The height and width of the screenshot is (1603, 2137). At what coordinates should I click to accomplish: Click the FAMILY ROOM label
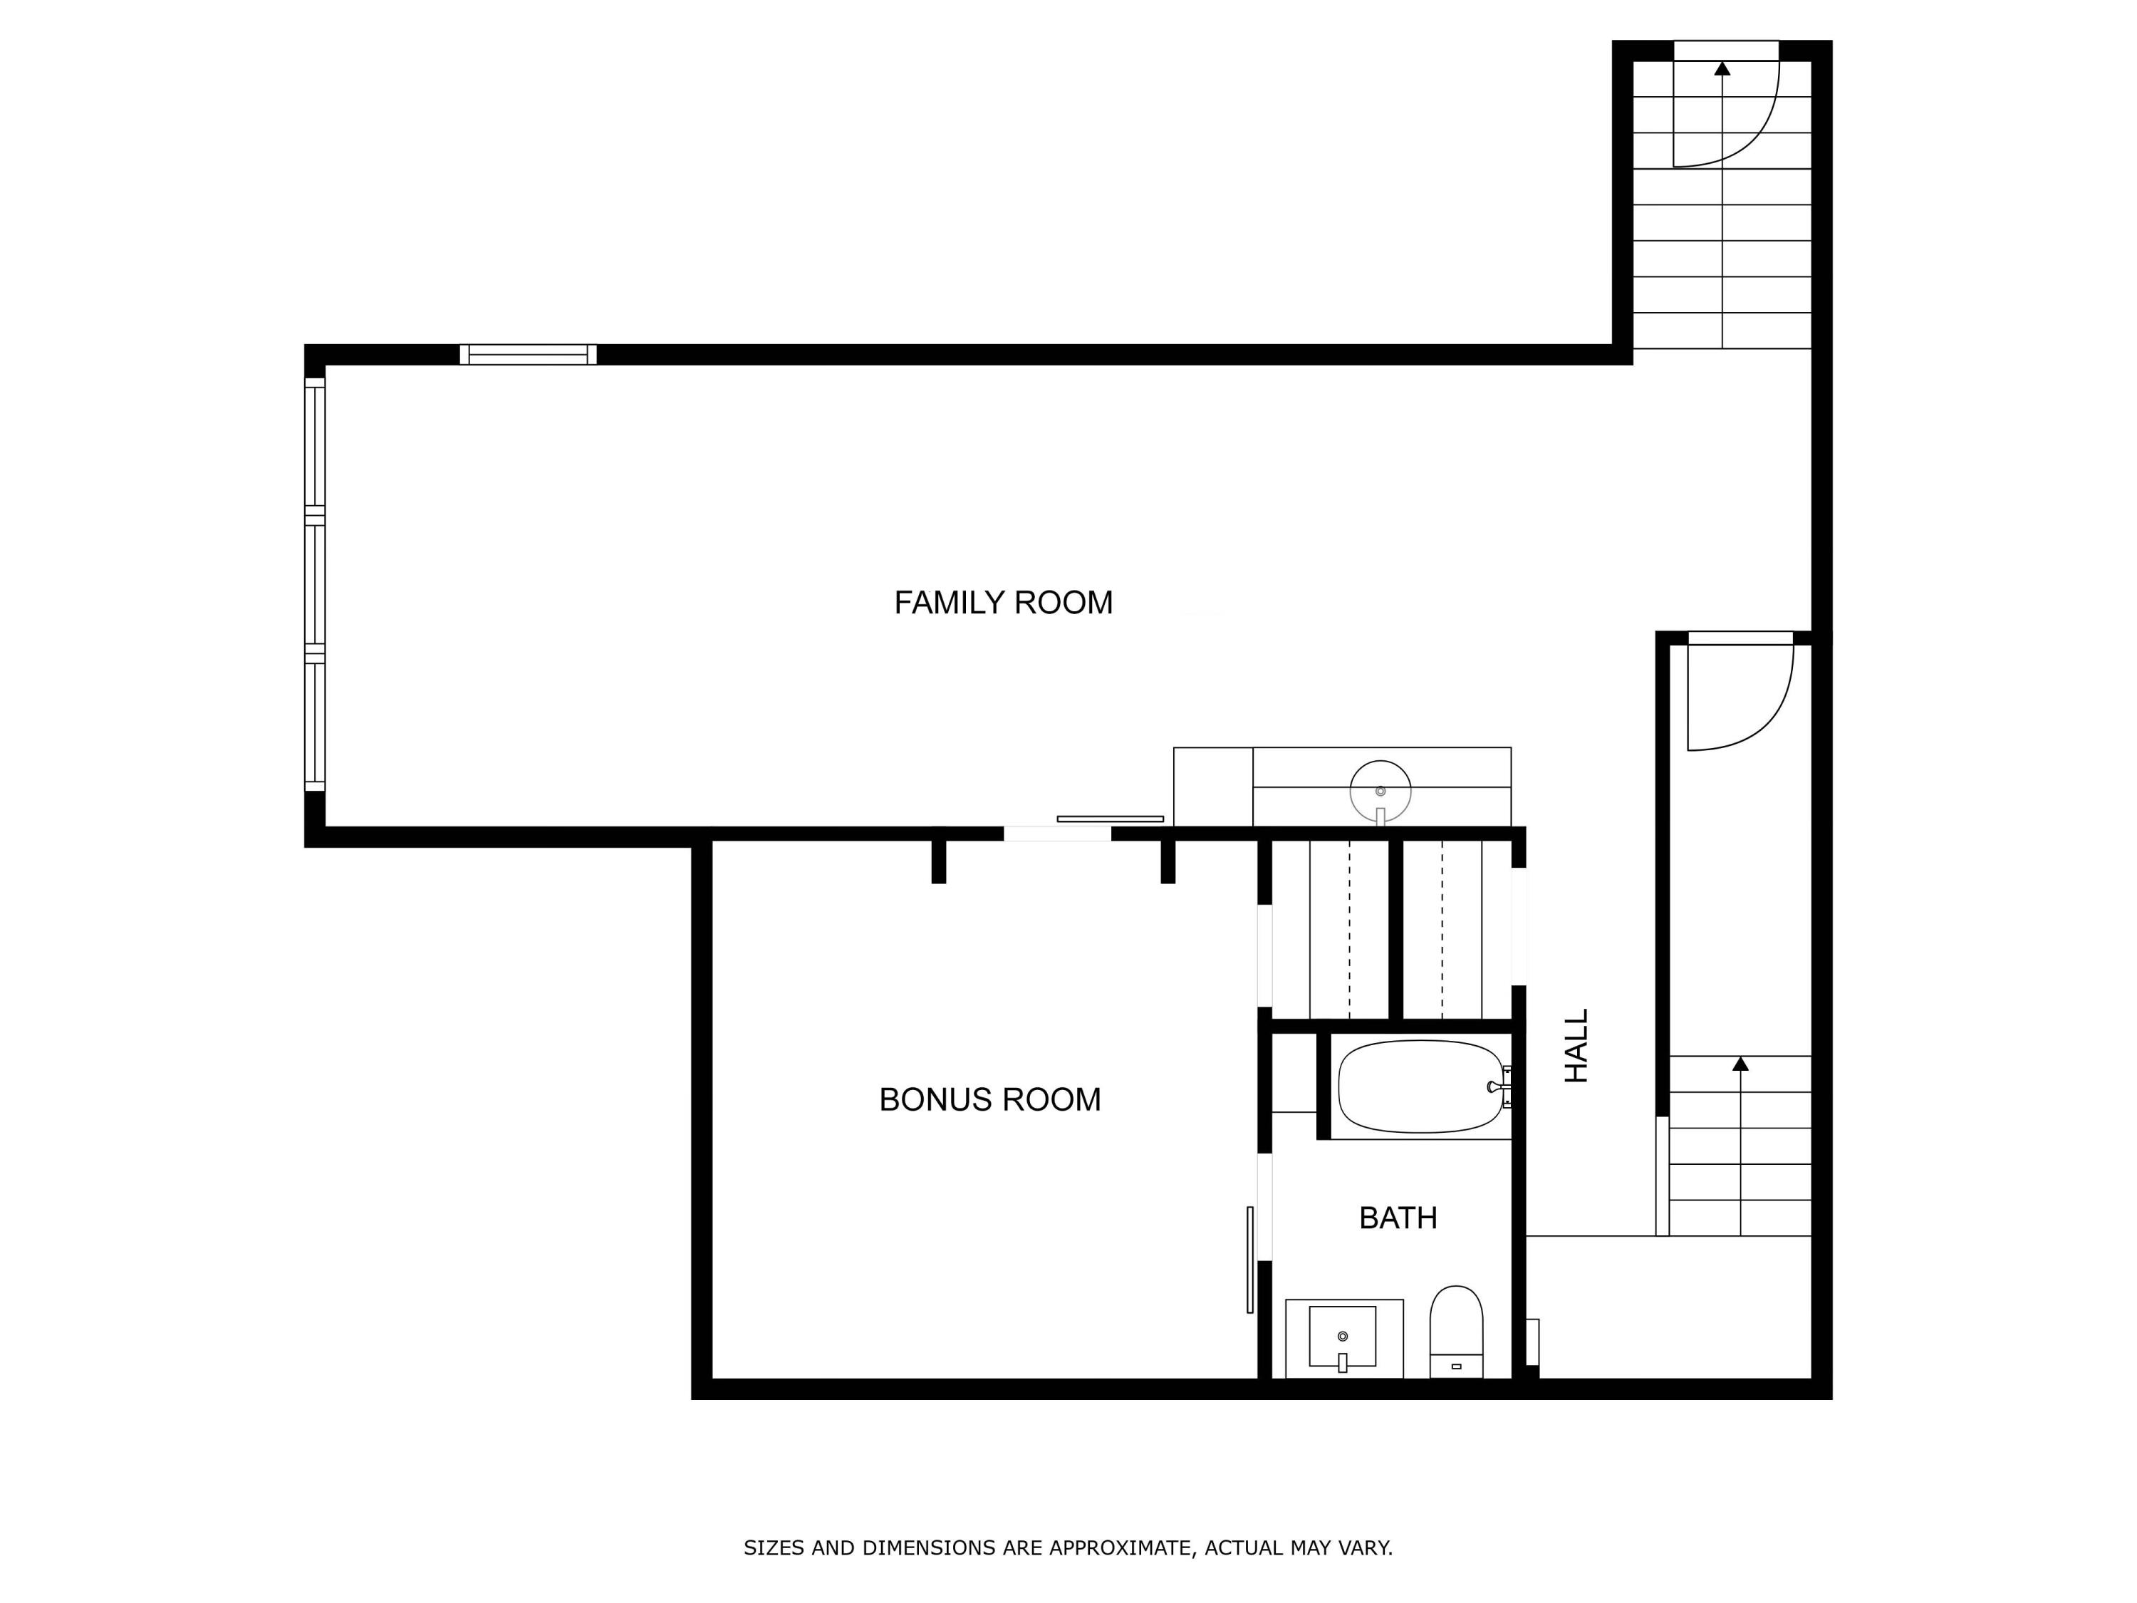pyautogui.click(x=1003, y=603)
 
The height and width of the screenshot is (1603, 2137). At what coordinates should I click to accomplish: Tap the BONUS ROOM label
pyautogui.click(x=989, y=1099)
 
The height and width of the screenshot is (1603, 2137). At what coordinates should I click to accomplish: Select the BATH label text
pyautogui.click(x=1398, y=1218)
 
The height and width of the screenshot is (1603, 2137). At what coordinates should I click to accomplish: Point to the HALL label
pyautogui.click(x=1576, y=1045)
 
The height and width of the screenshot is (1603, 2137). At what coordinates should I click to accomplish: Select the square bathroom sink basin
pyautogui.click(x=1342, y=1337)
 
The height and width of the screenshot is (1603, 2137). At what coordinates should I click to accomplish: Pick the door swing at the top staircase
pyautogui.click(x=1730, y=111)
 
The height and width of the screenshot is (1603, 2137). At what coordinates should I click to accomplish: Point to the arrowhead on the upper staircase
pyautogui.click(x=1722, y=68)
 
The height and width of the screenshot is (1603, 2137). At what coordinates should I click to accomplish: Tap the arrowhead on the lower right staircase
pyautogui.click(x=1740, y=1064)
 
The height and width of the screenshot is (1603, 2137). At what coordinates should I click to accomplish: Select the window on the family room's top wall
pyautogui.click(x=528, y=355)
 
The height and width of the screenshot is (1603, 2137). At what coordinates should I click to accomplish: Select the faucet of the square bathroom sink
pyautogui.click(x=1342, y=1362)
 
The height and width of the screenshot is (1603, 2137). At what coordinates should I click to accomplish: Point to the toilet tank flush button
pyautogui.click(x=1456, y=1366)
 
